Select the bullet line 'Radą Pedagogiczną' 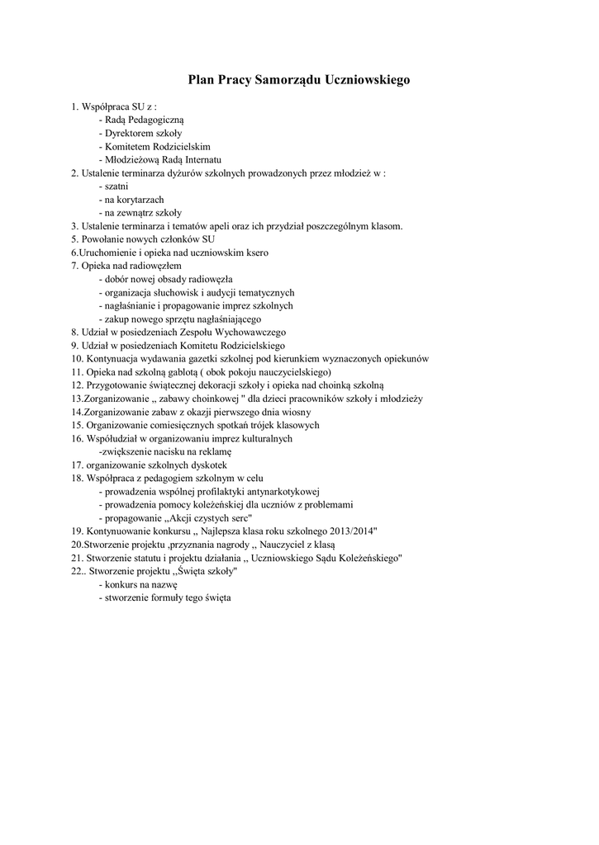(x=137, y=120)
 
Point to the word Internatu (x=203, y=159)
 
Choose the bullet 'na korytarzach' (x=133, y=199)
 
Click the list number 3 (x=74, y=225)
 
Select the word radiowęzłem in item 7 (x=153, y=266)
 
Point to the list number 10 (x=77, y=358)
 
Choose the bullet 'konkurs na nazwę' (x=136, y=583)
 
